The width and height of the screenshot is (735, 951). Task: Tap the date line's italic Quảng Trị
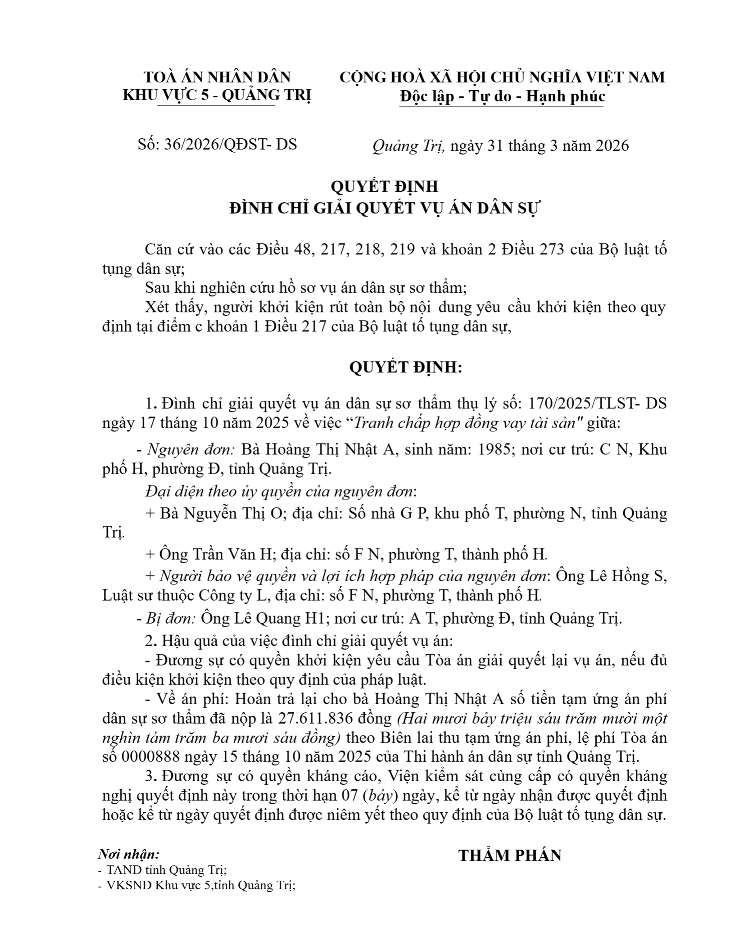408,145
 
